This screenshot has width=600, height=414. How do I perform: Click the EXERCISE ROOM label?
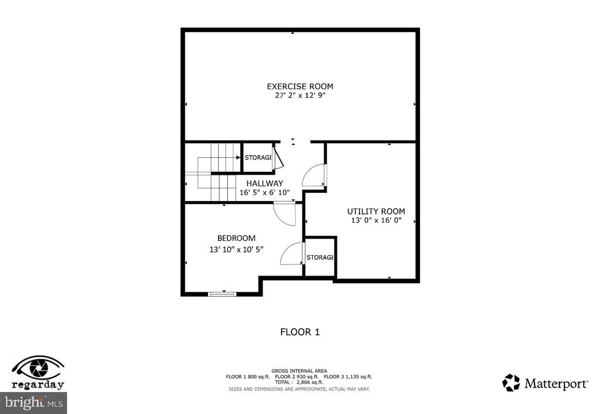pos(300,86)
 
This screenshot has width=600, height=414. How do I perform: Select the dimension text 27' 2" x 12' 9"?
pos(300,95)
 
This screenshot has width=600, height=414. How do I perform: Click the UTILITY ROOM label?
pos(376,212)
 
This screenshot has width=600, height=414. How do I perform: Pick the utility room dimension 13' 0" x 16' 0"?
pos(376,220)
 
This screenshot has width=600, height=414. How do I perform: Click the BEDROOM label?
pos(236,238)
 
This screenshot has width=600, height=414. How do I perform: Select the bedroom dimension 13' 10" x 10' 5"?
pos(236,249)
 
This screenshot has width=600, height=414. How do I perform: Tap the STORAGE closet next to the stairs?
pos(258,157)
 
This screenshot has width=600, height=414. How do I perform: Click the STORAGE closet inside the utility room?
pos(320,257)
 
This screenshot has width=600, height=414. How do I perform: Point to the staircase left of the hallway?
pos(213,172)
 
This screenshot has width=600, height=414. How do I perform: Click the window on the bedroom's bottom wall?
pos(222,293)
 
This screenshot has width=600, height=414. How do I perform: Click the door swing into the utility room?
pos(315,176)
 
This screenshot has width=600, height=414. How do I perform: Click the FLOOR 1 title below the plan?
pos(299,332)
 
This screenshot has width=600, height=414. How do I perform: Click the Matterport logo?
pos(545,384)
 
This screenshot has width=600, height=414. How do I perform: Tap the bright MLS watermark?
pos(33,403)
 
